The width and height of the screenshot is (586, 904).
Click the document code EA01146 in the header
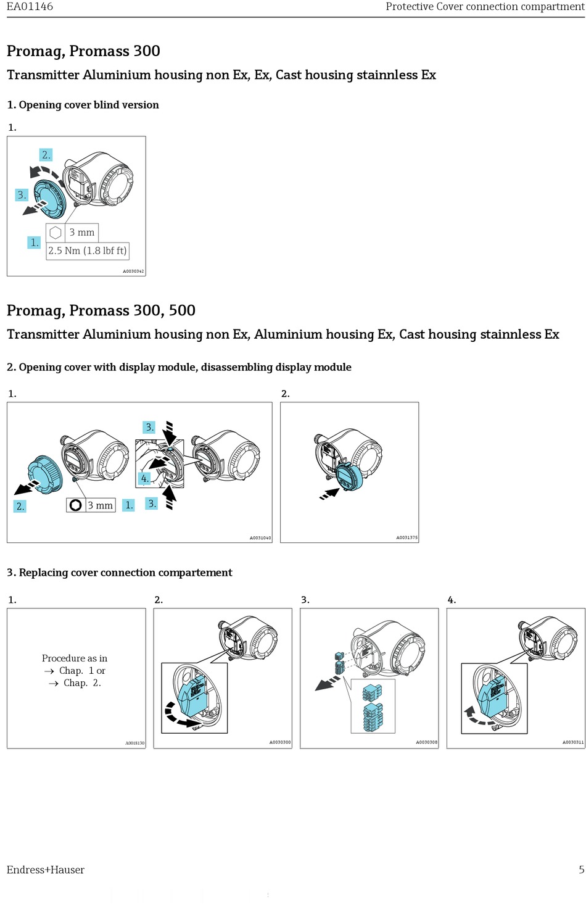click(x=30, y=7)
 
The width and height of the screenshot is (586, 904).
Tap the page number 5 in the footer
click(x=581, y=869)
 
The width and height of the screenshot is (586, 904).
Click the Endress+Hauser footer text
click(x=46, y=869)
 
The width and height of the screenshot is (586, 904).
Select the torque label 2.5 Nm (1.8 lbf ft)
click(x=88, y=251)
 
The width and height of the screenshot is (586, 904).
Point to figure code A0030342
click(x=133, y=272)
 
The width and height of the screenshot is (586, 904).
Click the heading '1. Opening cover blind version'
click(x=83, y=105)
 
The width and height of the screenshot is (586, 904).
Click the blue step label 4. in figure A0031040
click(x=145, y=478)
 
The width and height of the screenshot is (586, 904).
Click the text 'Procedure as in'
click(x=75, y=658)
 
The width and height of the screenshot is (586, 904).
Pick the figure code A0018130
click(x=134, y=743)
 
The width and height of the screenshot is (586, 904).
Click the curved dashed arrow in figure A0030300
click(x=178, y=718)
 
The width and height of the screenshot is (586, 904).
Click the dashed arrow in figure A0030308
click(x=328, y=684)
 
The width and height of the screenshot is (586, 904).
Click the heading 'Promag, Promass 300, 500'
click(x=101, y=310)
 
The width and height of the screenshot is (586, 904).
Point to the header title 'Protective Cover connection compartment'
click(x=485, y=7)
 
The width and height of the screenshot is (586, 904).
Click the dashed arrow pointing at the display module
click(x=329, y=494)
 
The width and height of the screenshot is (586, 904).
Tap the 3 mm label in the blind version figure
click(x=81, y=233)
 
